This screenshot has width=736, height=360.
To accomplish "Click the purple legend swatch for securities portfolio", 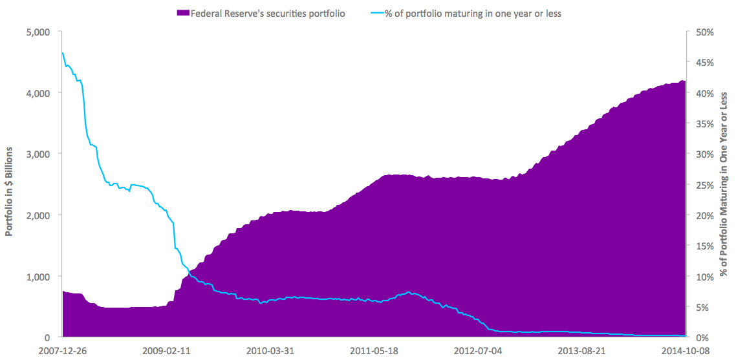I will coord(182,13).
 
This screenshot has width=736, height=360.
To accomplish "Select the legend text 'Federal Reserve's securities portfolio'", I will coord(267,13).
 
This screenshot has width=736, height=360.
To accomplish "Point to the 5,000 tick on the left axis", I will coord(39,32).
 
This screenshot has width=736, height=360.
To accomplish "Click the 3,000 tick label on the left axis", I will coord(39,154).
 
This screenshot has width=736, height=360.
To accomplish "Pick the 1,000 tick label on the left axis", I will coord(39,277).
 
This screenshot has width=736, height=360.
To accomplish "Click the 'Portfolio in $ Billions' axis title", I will coord(10,185).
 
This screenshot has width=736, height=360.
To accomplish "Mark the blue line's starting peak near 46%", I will coord(63,53).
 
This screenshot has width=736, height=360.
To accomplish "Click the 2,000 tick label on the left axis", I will coord(39,215).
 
